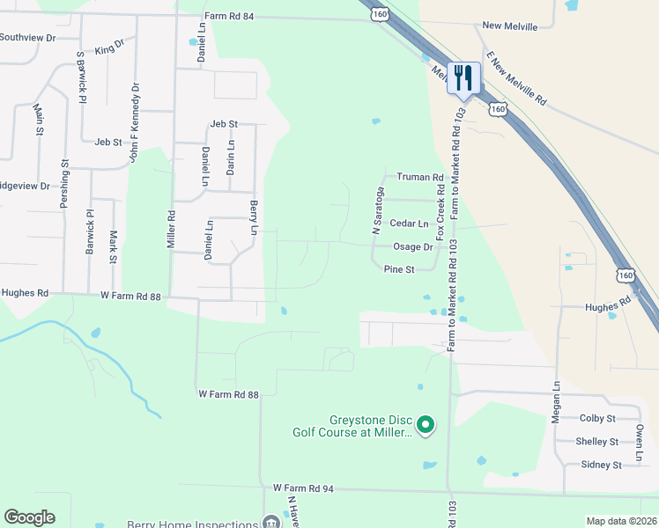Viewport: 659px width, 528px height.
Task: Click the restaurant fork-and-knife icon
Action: pos(463,77)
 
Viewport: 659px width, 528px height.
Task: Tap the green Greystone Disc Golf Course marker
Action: pos(426,426)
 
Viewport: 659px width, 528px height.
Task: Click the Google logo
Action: pos(29,517)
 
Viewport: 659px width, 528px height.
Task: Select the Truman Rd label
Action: pos(419,177)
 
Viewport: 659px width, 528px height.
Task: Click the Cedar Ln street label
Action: pos(409,224)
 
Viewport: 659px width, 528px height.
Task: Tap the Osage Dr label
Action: pos(413,247)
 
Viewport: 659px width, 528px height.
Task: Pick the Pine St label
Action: pos(398,270)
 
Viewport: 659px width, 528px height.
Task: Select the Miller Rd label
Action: pos(172,228)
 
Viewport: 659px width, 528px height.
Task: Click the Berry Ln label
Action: pos(254,217)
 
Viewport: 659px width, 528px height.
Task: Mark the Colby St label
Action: pos(597,418)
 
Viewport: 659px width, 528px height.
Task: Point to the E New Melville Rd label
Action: pos(515,77)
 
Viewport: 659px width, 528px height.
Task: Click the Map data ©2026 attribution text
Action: pos(621,521)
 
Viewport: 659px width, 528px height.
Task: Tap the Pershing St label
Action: pos(64,184)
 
